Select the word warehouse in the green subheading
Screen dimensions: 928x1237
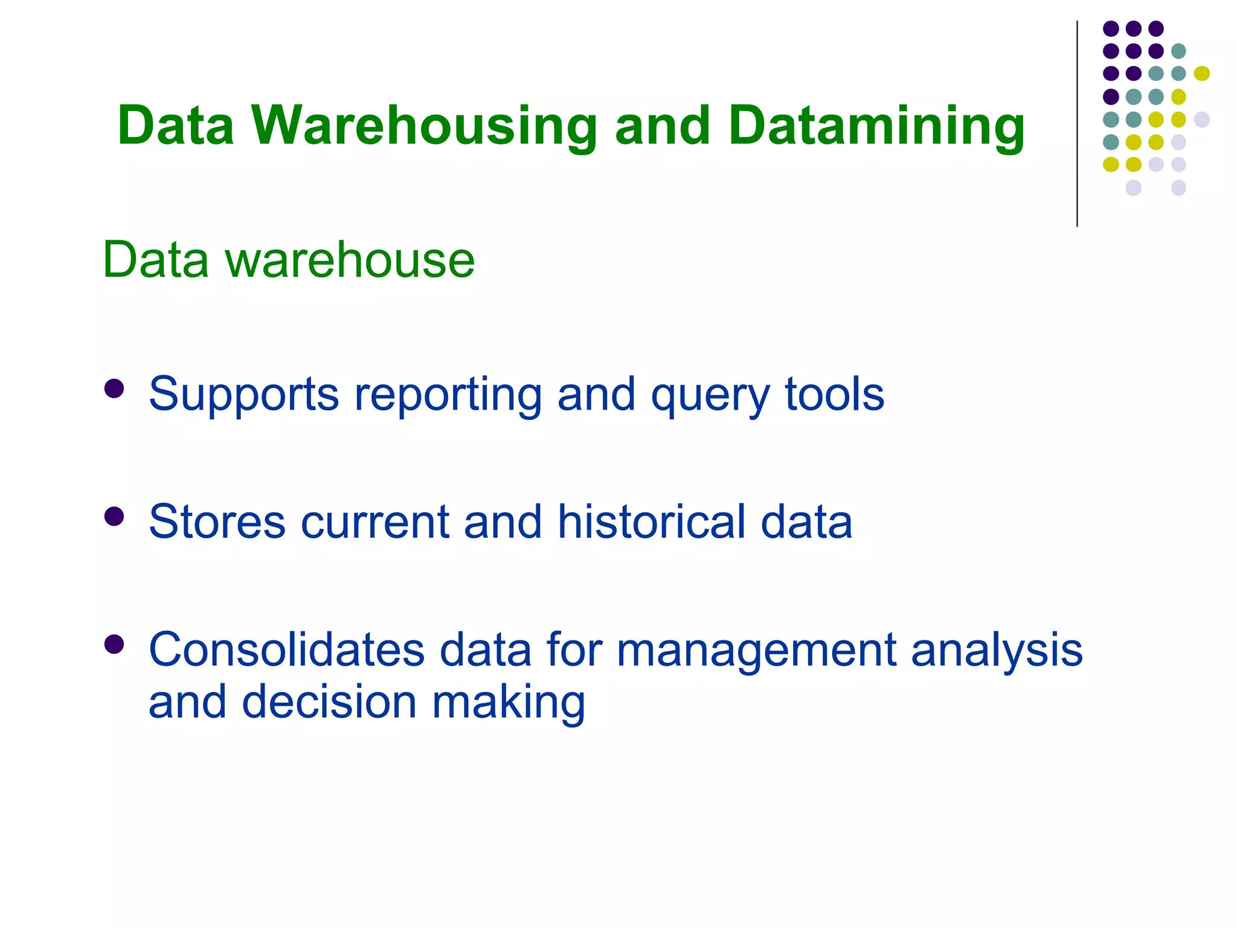tap(350, 260)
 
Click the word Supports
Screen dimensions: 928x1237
tap(244, 394)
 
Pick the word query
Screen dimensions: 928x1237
tap(710, 394)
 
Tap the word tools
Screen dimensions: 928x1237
tap(834, 394)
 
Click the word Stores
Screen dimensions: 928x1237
tap(217, 521)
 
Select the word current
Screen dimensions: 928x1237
tap(374, 521)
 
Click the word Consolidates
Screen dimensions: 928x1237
tap(287, 649)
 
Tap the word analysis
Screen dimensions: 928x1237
tap(997, 649)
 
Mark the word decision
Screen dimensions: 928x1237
tap(329, 702)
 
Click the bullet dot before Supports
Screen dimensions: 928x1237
tap(114, 389)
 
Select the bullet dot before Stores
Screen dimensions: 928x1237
tap(114, 517)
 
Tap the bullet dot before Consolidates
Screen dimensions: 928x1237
tap(114, 645)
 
